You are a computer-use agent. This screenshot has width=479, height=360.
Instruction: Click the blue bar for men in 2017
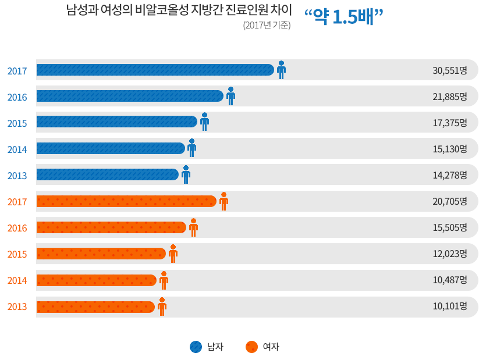155,70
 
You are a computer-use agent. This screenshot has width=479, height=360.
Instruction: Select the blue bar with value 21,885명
129,96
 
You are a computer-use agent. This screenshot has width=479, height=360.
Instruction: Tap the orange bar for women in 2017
126,201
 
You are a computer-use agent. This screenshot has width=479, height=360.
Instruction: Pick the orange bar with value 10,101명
95,306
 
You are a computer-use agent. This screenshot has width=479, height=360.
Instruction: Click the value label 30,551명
450,70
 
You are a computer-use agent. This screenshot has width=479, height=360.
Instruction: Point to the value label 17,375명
450,123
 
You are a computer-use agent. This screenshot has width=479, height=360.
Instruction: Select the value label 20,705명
450,202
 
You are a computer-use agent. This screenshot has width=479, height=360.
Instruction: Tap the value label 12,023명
450,254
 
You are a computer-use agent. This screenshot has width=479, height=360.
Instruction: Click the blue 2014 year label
17,149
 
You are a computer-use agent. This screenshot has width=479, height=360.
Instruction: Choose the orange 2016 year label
17,228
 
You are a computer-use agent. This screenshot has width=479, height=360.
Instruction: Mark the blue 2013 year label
17,176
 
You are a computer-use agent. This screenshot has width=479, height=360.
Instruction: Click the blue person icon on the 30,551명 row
281,69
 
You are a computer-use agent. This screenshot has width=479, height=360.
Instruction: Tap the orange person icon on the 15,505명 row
193,227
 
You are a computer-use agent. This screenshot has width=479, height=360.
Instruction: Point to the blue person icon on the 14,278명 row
186,174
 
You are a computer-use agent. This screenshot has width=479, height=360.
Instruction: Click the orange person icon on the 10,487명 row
164,280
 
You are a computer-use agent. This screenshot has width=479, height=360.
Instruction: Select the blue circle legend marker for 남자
196,347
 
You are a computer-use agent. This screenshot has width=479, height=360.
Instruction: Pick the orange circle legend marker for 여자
251,347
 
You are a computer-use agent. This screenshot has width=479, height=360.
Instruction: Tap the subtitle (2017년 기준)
267,26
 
